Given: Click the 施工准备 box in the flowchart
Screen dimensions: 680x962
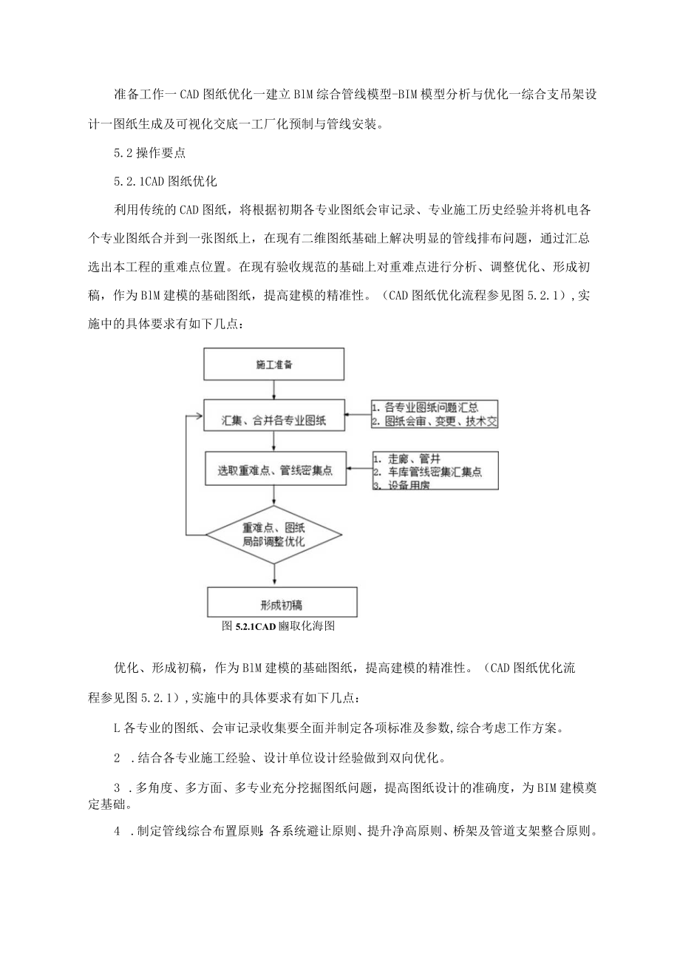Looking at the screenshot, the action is tap(274, 365).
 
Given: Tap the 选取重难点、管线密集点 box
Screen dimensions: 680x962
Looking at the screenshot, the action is tap(274, 470).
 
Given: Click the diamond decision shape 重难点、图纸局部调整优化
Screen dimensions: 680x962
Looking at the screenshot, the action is tap(274, 535).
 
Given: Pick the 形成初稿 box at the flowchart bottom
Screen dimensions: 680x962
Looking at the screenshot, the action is tap(282, 601).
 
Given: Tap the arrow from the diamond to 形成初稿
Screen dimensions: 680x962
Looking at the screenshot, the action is tap(274, 574).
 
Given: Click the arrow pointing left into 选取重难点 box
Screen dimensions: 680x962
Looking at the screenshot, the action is tap(359, 469).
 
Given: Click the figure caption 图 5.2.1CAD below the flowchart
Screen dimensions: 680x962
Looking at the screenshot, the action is tap(279, 626).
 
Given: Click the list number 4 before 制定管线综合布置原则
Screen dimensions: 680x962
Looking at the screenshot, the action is tap(118, 831).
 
